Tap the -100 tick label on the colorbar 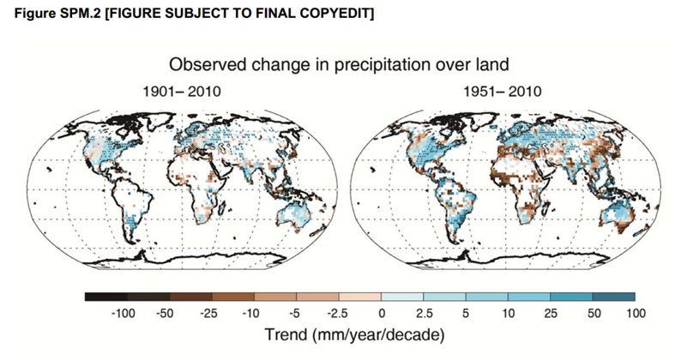tap(124, 315)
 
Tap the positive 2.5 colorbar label tap(424, 315)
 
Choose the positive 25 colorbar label tap(551, 315)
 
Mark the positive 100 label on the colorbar tap(636, 315)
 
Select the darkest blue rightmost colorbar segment tap(614, 297)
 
